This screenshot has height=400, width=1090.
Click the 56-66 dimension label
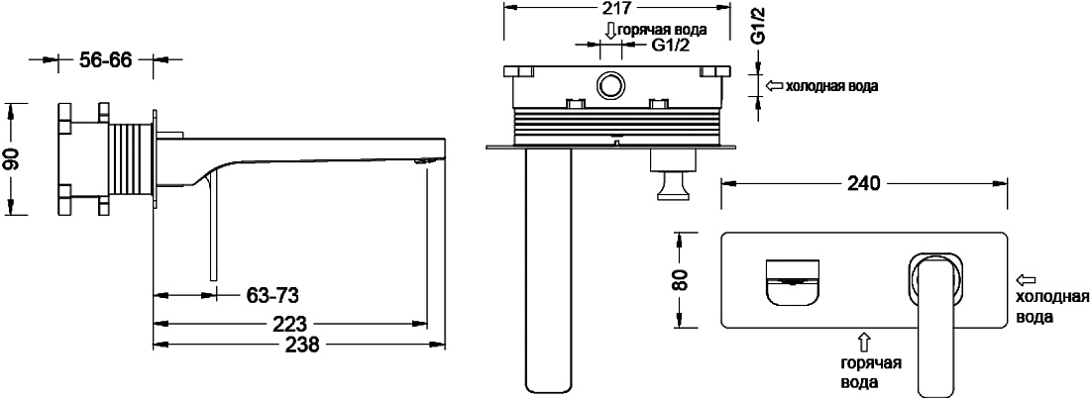click(105, 60)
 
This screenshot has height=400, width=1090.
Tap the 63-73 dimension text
click(272, 296)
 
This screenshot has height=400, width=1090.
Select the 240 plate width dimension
click(864, 183)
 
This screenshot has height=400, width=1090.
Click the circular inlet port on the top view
click(610, 87)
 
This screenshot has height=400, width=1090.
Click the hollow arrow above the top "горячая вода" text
click(609, 31)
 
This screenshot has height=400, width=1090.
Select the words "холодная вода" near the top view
click(831, 87)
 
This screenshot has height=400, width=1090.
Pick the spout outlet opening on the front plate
click(793, 282)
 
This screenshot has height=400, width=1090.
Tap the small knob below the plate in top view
click(672, 185)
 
